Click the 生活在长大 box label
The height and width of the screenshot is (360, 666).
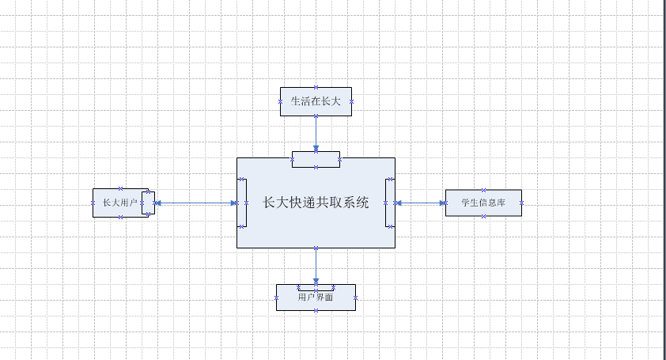(x=316, y=101)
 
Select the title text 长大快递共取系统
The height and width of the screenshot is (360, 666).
(x=316, y=203)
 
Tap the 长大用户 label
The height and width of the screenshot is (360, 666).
(x=116, y=203)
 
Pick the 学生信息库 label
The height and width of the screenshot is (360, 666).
(x=483, y=203)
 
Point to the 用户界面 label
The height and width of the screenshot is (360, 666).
(x=316, y=298)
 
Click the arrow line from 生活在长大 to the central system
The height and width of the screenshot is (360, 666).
(x=316, y=130)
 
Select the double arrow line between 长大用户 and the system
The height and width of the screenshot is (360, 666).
(x=195, y=203)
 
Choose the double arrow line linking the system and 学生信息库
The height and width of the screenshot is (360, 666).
(x=420, y=203)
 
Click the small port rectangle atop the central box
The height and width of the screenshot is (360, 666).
(x=316, y=159)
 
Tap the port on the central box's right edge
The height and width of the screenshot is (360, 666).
(x=389, y=203)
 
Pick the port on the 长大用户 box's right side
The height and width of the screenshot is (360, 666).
(x=148, y=203)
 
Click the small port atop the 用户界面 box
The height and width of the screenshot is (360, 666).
(x=316, y=287)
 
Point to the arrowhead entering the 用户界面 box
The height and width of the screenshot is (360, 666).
(x=316, y=282)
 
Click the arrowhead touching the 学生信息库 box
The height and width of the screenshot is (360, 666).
(x=441, y=203)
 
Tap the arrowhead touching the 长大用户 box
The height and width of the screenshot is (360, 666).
(x=158, y=203)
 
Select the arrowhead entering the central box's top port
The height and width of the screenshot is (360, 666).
(x=316, y=148)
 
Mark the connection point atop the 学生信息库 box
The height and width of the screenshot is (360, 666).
(x=483, y=190)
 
